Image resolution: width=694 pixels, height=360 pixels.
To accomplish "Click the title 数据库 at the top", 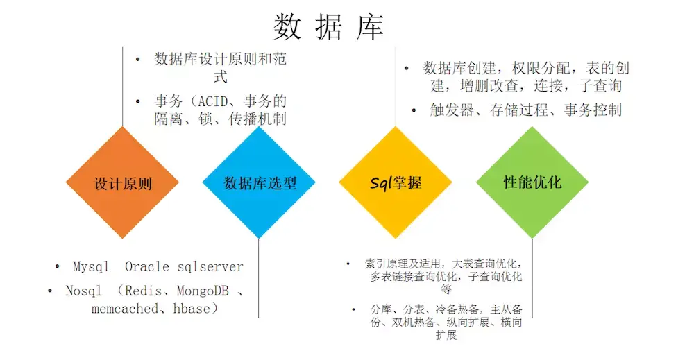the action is point(328,26).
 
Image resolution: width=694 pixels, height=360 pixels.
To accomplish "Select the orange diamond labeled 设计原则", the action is point(123,183).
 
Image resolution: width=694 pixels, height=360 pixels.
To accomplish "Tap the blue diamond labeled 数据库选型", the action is point(260,183).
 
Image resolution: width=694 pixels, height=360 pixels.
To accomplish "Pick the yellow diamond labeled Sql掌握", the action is point(396,183).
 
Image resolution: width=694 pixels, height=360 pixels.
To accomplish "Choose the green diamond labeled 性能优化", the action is point(532,182).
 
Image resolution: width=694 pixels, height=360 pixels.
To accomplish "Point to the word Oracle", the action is point(147,266).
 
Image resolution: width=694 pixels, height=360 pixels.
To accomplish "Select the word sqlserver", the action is point(210,266).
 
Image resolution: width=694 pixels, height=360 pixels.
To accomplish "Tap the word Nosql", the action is point(83,291).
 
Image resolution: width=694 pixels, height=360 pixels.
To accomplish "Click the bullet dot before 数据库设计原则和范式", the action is point(138,59).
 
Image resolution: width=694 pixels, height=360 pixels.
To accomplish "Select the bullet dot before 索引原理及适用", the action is point(348,264).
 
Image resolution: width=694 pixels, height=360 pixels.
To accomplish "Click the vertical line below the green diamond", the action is point(532,277).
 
